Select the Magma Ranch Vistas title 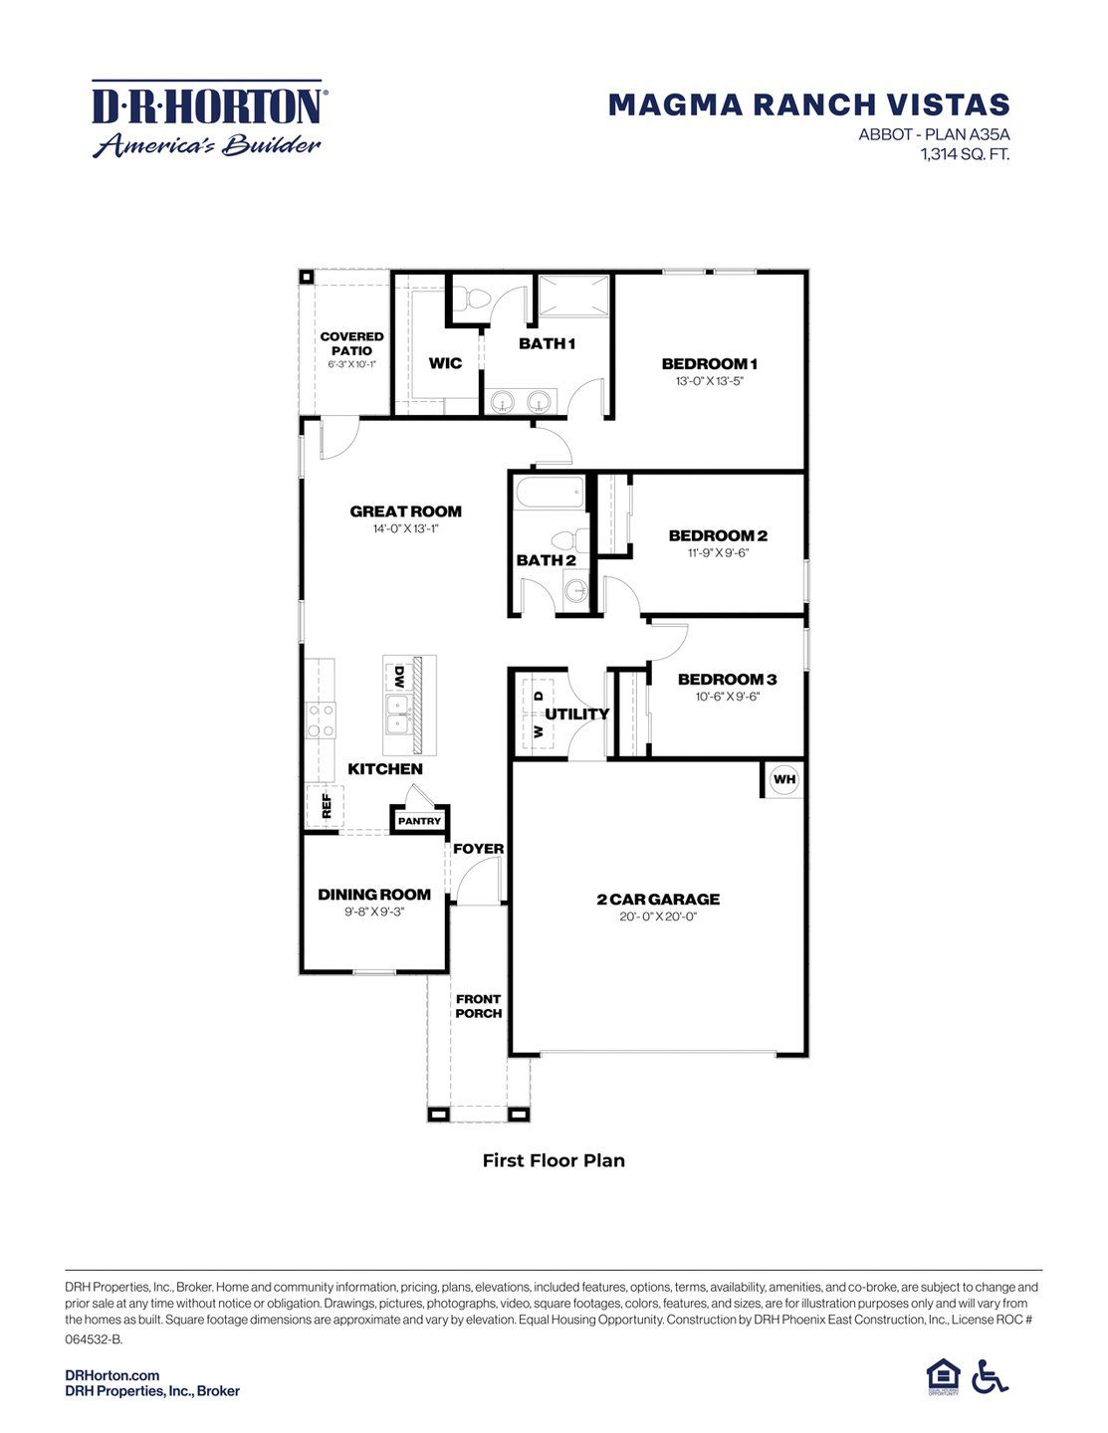click(x=808, y=104)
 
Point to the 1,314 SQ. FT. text click(x=965, y=154)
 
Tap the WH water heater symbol click(x=784, y=779)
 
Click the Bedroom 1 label click(x=710, y=363)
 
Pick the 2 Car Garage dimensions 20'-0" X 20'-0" click(x=658, y=917)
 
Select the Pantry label click(x=419, y=821)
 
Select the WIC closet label click(x=445, y=363)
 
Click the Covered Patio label click(x=351, y=343)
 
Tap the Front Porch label click(x=479, y=1006)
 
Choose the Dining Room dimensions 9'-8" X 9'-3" click(x=374, y=912)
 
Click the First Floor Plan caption click(x=554, y=1160)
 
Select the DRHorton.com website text click(x=111, y=1375)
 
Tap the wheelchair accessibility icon click(x=990, y=1376)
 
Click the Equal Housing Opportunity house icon click(x=942, y=1376)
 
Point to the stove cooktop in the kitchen click(x=321, y=720)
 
